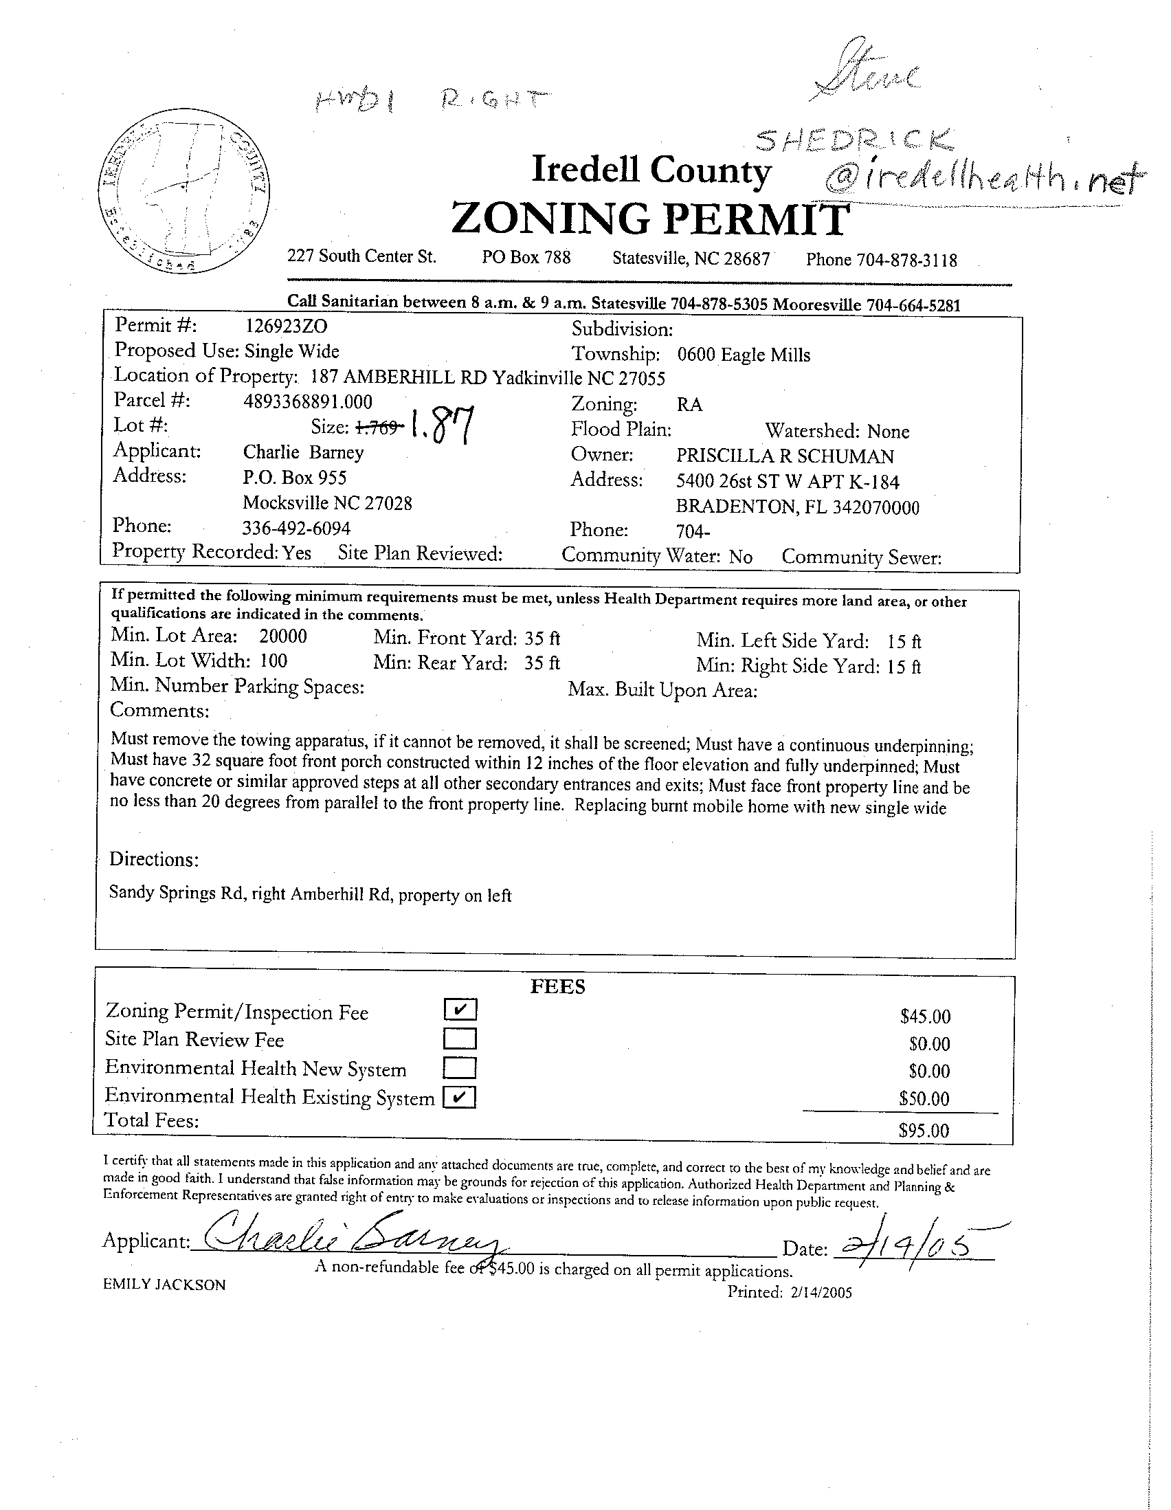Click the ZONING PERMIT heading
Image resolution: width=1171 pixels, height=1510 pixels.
(649, 219)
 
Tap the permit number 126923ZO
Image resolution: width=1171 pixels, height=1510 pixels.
(287, 326)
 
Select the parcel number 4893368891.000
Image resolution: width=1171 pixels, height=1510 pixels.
(308, 401)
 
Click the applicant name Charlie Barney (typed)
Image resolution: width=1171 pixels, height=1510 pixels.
(303, 452)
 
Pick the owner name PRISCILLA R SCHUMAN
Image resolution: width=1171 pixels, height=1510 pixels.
(785, 456)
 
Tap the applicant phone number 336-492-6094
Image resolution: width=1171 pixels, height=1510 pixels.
(297, 529)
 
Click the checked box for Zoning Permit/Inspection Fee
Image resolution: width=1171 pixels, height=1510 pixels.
(460, 1010)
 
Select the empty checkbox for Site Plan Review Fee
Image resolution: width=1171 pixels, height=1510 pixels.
(460, 1039)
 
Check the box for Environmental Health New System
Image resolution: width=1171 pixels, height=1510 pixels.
(460, 1068)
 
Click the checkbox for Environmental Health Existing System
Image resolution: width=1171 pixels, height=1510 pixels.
(460, 1097)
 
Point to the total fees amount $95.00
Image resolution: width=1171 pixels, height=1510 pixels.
(924, 1131)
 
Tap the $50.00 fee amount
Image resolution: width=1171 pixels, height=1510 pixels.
(924, 1098)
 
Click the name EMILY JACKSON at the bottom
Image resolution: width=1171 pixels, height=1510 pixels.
(164, 1285)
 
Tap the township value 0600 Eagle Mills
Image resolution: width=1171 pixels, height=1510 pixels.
(743, 355)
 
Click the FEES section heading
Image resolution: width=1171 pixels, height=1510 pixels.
(557, 986)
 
